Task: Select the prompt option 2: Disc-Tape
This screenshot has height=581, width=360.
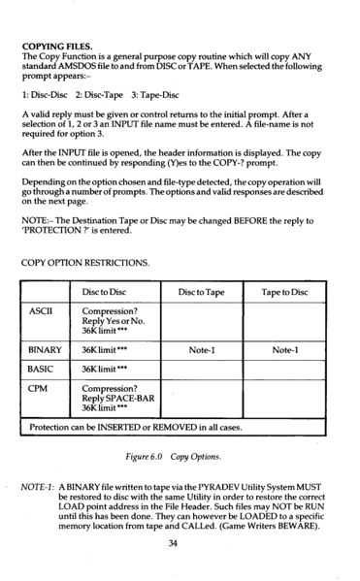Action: [x=95, y=98]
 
